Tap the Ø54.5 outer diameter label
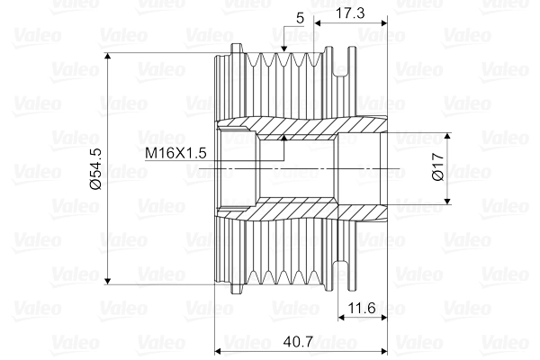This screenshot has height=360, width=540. point(96,168)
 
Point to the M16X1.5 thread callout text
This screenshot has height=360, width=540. point(176,154)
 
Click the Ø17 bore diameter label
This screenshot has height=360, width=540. point(438,168)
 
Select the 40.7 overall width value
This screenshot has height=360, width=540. point(298,342)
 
